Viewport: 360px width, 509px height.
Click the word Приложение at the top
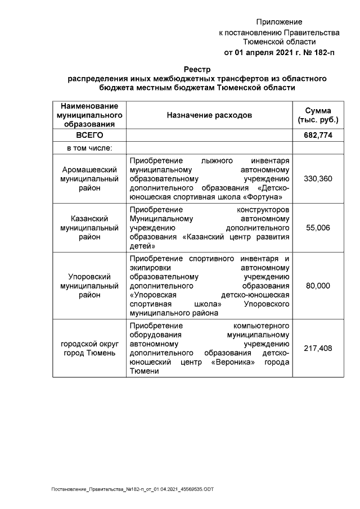coord(279,22)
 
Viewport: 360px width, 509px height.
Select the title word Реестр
coord(196,69)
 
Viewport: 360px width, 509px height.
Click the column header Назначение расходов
coord(209,115)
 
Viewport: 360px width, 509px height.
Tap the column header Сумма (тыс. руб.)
coord(318,115)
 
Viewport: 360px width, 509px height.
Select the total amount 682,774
coord(318,136)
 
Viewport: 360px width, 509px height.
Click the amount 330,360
coord(318,178)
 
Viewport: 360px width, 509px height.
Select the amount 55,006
coord(318,228)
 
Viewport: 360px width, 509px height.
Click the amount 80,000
coord(318,286)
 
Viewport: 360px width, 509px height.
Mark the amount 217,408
coord(318,348)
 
